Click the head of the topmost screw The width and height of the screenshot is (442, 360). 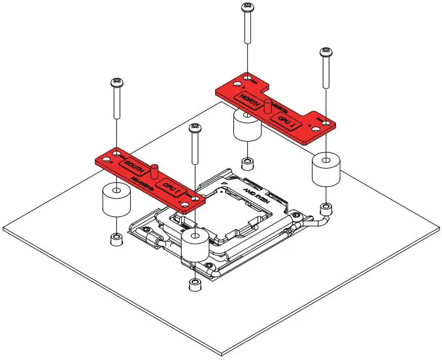point(247,7)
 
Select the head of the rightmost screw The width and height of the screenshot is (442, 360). point(325,52)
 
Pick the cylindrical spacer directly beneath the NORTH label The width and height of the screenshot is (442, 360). point(246,127)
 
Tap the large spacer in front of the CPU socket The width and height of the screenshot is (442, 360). point(195,246)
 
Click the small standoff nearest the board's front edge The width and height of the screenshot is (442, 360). point(195,284)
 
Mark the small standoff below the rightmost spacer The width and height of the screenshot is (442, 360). point(324,208)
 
